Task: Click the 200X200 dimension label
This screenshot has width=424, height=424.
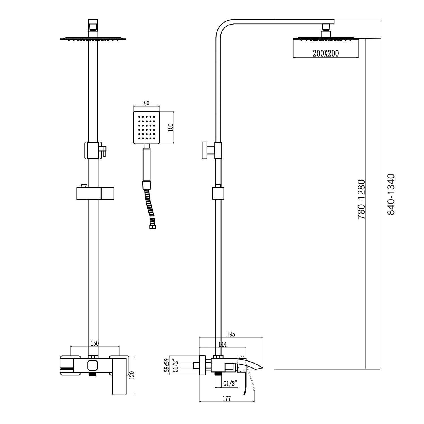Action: (326, 53)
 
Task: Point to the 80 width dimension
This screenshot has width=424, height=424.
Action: (146, 103)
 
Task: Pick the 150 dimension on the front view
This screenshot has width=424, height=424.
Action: (94, 343)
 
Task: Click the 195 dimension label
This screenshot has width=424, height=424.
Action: (231, 334)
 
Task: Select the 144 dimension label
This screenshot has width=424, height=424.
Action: (222, 344)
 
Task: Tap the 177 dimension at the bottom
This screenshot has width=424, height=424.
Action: (227, 399)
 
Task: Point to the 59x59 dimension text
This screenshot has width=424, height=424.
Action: (167, 365)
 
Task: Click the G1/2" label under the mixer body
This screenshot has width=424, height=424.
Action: (230, 384)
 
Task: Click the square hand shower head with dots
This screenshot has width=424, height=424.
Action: (146, 127)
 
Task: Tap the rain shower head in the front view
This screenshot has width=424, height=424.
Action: (93, 39)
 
